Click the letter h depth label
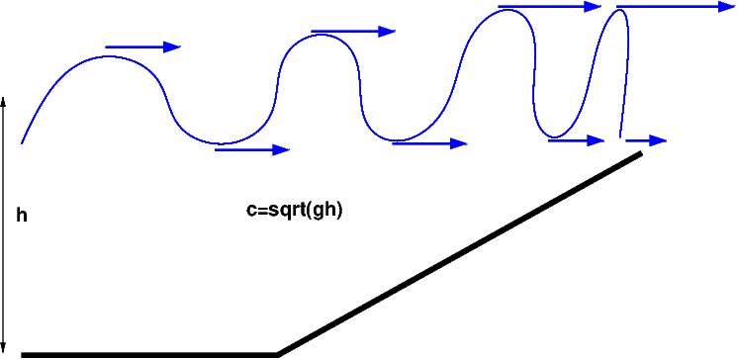coord(22,216)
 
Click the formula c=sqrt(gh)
coord(294,211)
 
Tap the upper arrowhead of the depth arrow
coord(3,100)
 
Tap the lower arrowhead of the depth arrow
coord(3,350)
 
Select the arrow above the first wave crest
coord(142,46)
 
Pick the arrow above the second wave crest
coord(353,32)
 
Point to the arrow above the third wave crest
coord(550,7)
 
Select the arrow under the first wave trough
coord(252,150)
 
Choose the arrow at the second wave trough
coord(429,143)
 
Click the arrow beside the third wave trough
coord(576,140)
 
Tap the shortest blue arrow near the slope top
coord(646,140)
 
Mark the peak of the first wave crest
coord(108,56)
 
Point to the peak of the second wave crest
coord(321,35)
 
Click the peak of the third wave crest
coord(507,10)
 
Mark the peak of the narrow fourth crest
coord(620,10)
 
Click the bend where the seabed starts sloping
coord(278,354)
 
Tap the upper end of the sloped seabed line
coord(640,153)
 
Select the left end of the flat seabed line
coord(22,355)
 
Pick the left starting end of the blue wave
coord(22,142)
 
